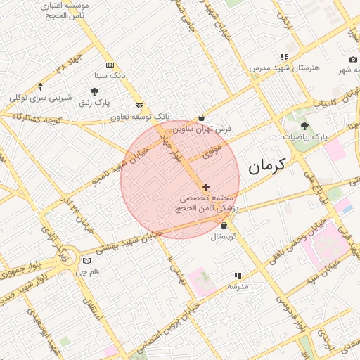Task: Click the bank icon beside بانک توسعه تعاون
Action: (139, 105)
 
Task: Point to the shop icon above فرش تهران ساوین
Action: (202, 117)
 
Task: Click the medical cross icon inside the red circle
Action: (205, 187)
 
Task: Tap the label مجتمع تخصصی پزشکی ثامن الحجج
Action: (209, 204)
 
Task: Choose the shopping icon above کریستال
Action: (224, 226)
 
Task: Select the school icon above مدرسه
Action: (237, 276)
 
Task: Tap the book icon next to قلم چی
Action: (86, 261)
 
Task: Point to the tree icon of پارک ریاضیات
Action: (304, 124)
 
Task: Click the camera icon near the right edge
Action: (352, 60)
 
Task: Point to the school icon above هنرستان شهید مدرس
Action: (283, 57)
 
